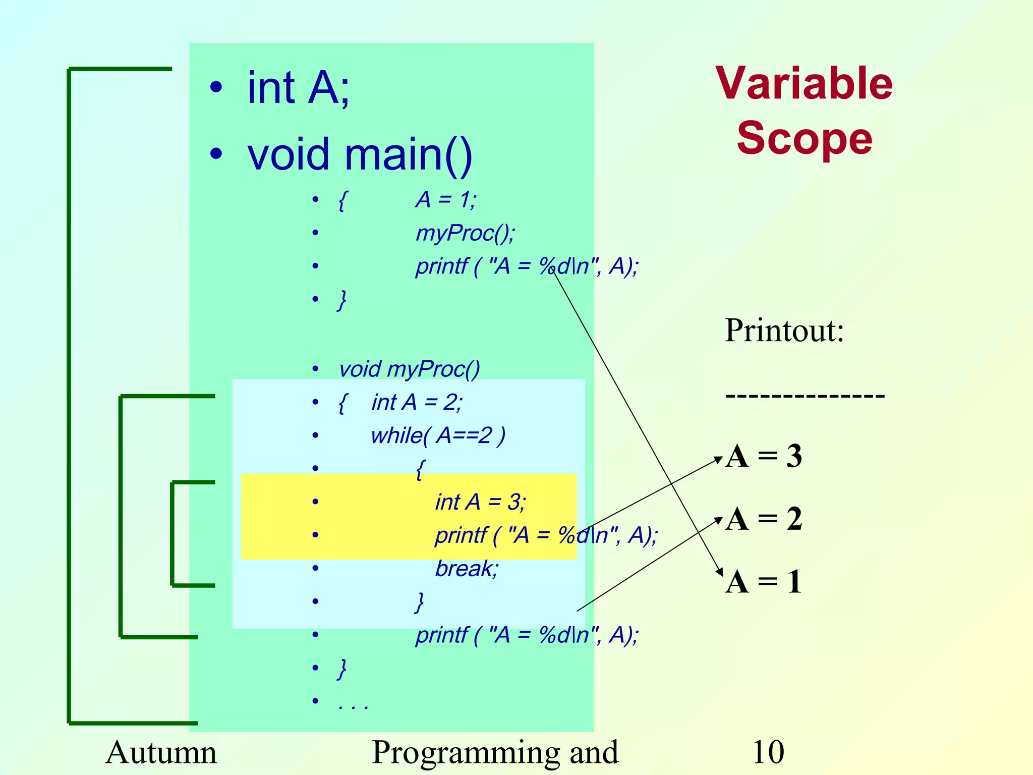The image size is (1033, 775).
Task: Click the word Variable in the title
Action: click(804, 84)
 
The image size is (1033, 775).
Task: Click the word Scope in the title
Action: click(804, 139)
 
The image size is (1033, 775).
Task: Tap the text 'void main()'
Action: click(360, 154)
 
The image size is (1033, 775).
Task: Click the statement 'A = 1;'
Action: click(446, 200)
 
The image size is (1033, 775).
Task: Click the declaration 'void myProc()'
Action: click(409, 369)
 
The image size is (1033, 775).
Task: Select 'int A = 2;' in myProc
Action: click(417, 402)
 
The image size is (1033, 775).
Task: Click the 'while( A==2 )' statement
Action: click(438, 435)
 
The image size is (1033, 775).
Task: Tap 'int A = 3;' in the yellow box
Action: click(481, 502)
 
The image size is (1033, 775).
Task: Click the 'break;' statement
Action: click(467, 569)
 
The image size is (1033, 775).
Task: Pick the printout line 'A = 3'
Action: click(764, 456)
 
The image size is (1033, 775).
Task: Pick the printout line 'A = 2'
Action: click(764, 519)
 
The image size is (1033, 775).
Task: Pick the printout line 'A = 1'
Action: click(764, 582)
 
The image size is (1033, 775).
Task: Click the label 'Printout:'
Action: click(784, 330)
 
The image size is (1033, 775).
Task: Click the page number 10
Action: click(768, 752)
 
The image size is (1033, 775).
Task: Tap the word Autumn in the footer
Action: click(161, 752)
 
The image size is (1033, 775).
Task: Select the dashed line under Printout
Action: click(805, 396)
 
